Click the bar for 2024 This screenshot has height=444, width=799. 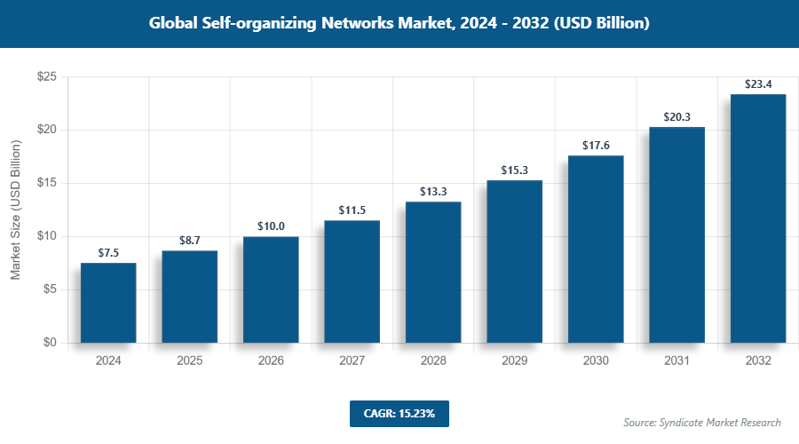(108, 303)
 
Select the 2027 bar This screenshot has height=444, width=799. (352, 281)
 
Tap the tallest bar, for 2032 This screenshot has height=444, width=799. (758, 218)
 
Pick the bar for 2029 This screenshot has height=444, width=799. (514, 261)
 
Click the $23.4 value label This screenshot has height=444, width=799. (758, 84)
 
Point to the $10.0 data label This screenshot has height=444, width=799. (271, 226)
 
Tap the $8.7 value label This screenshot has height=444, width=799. (189, 241)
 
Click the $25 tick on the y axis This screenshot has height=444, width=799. (47, 77)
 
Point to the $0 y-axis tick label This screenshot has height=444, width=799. (51, 343)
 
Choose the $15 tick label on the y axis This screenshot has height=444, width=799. (47, 183)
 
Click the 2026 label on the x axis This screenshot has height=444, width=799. (271, 361)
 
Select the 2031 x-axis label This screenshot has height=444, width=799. (676, 361)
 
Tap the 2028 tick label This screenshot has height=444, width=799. (433, 361)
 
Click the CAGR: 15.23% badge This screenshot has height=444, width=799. (399, 413)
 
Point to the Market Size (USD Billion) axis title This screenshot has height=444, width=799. (16, 210)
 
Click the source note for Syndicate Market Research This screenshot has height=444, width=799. (701, 423)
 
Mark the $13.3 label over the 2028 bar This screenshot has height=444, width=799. (433, 192)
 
